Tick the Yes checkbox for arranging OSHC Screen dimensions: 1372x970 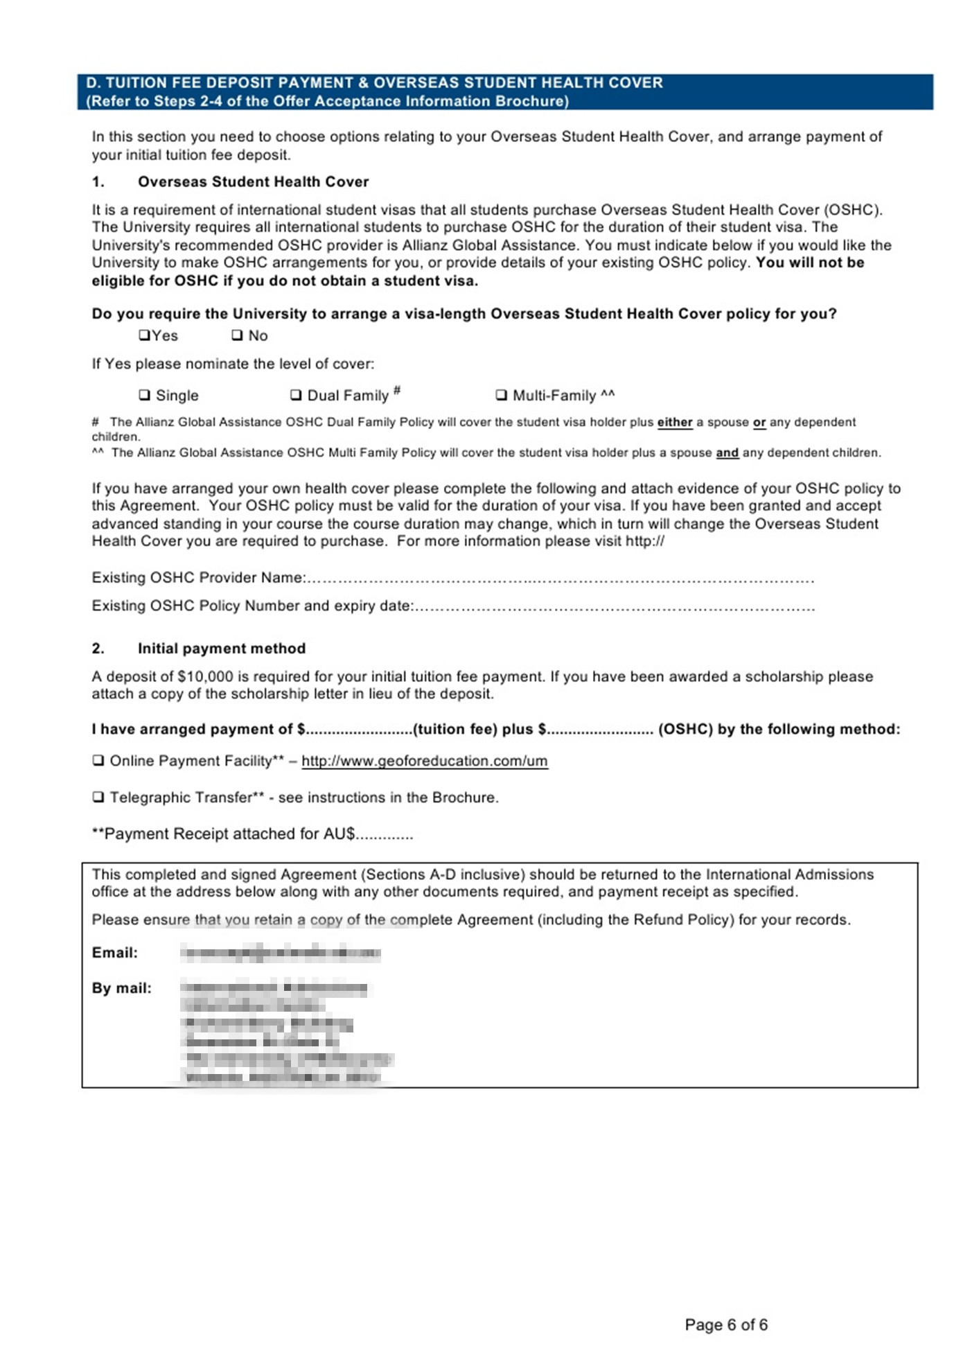pyautogui.click(x=144, y=335)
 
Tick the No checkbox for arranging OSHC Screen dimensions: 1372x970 pyautogui.click(x=237, y=335)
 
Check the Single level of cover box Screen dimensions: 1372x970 pyautogui.click(x=144, y=395)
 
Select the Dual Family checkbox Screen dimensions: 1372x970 pyautogui.click(x=296, y=395)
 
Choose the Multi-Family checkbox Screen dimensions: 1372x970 pyautogui.click(x=501, y=395)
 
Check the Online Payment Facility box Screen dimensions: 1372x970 pyautogui.click(x=98, y=761)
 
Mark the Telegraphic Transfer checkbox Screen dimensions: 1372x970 pyautogui.click(x=98, y=798)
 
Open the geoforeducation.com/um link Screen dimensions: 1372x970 pyautogui.click(x=424, y=761)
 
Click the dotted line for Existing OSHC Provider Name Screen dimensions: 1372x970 pyautogui.click(x=558, y=579)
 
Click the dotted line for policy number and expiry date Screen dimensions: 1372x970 pyautogui.click(x=614, y=608)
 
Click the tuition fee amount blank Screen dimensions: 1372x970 pyautogui.click(x=359, y=730)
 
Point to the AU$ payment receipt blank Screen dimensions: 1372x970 pyautogui.click(x=385, y=836)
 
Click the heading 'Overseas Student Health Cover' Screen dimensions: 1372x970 pyautogui.click(x=253, y=182)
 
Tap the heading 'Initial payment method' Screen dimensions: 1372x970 pyautogui.click(x=221, y=649)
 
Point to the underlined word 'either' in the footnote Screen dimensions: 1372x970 pyautogui.click(x=674, y=422)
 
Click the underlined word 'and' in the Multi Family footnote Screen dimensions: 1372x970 pyautogui.click(x=727, y=452)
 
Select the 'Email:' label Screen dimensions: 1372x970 pyautogui.click(x=115, y=953)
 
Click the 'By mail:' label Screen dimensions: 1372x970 pyautogui.click(x=121, y=988)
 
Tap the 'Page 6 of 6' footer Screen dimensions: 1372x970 pyautogui.click(x=726, y=1325)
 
